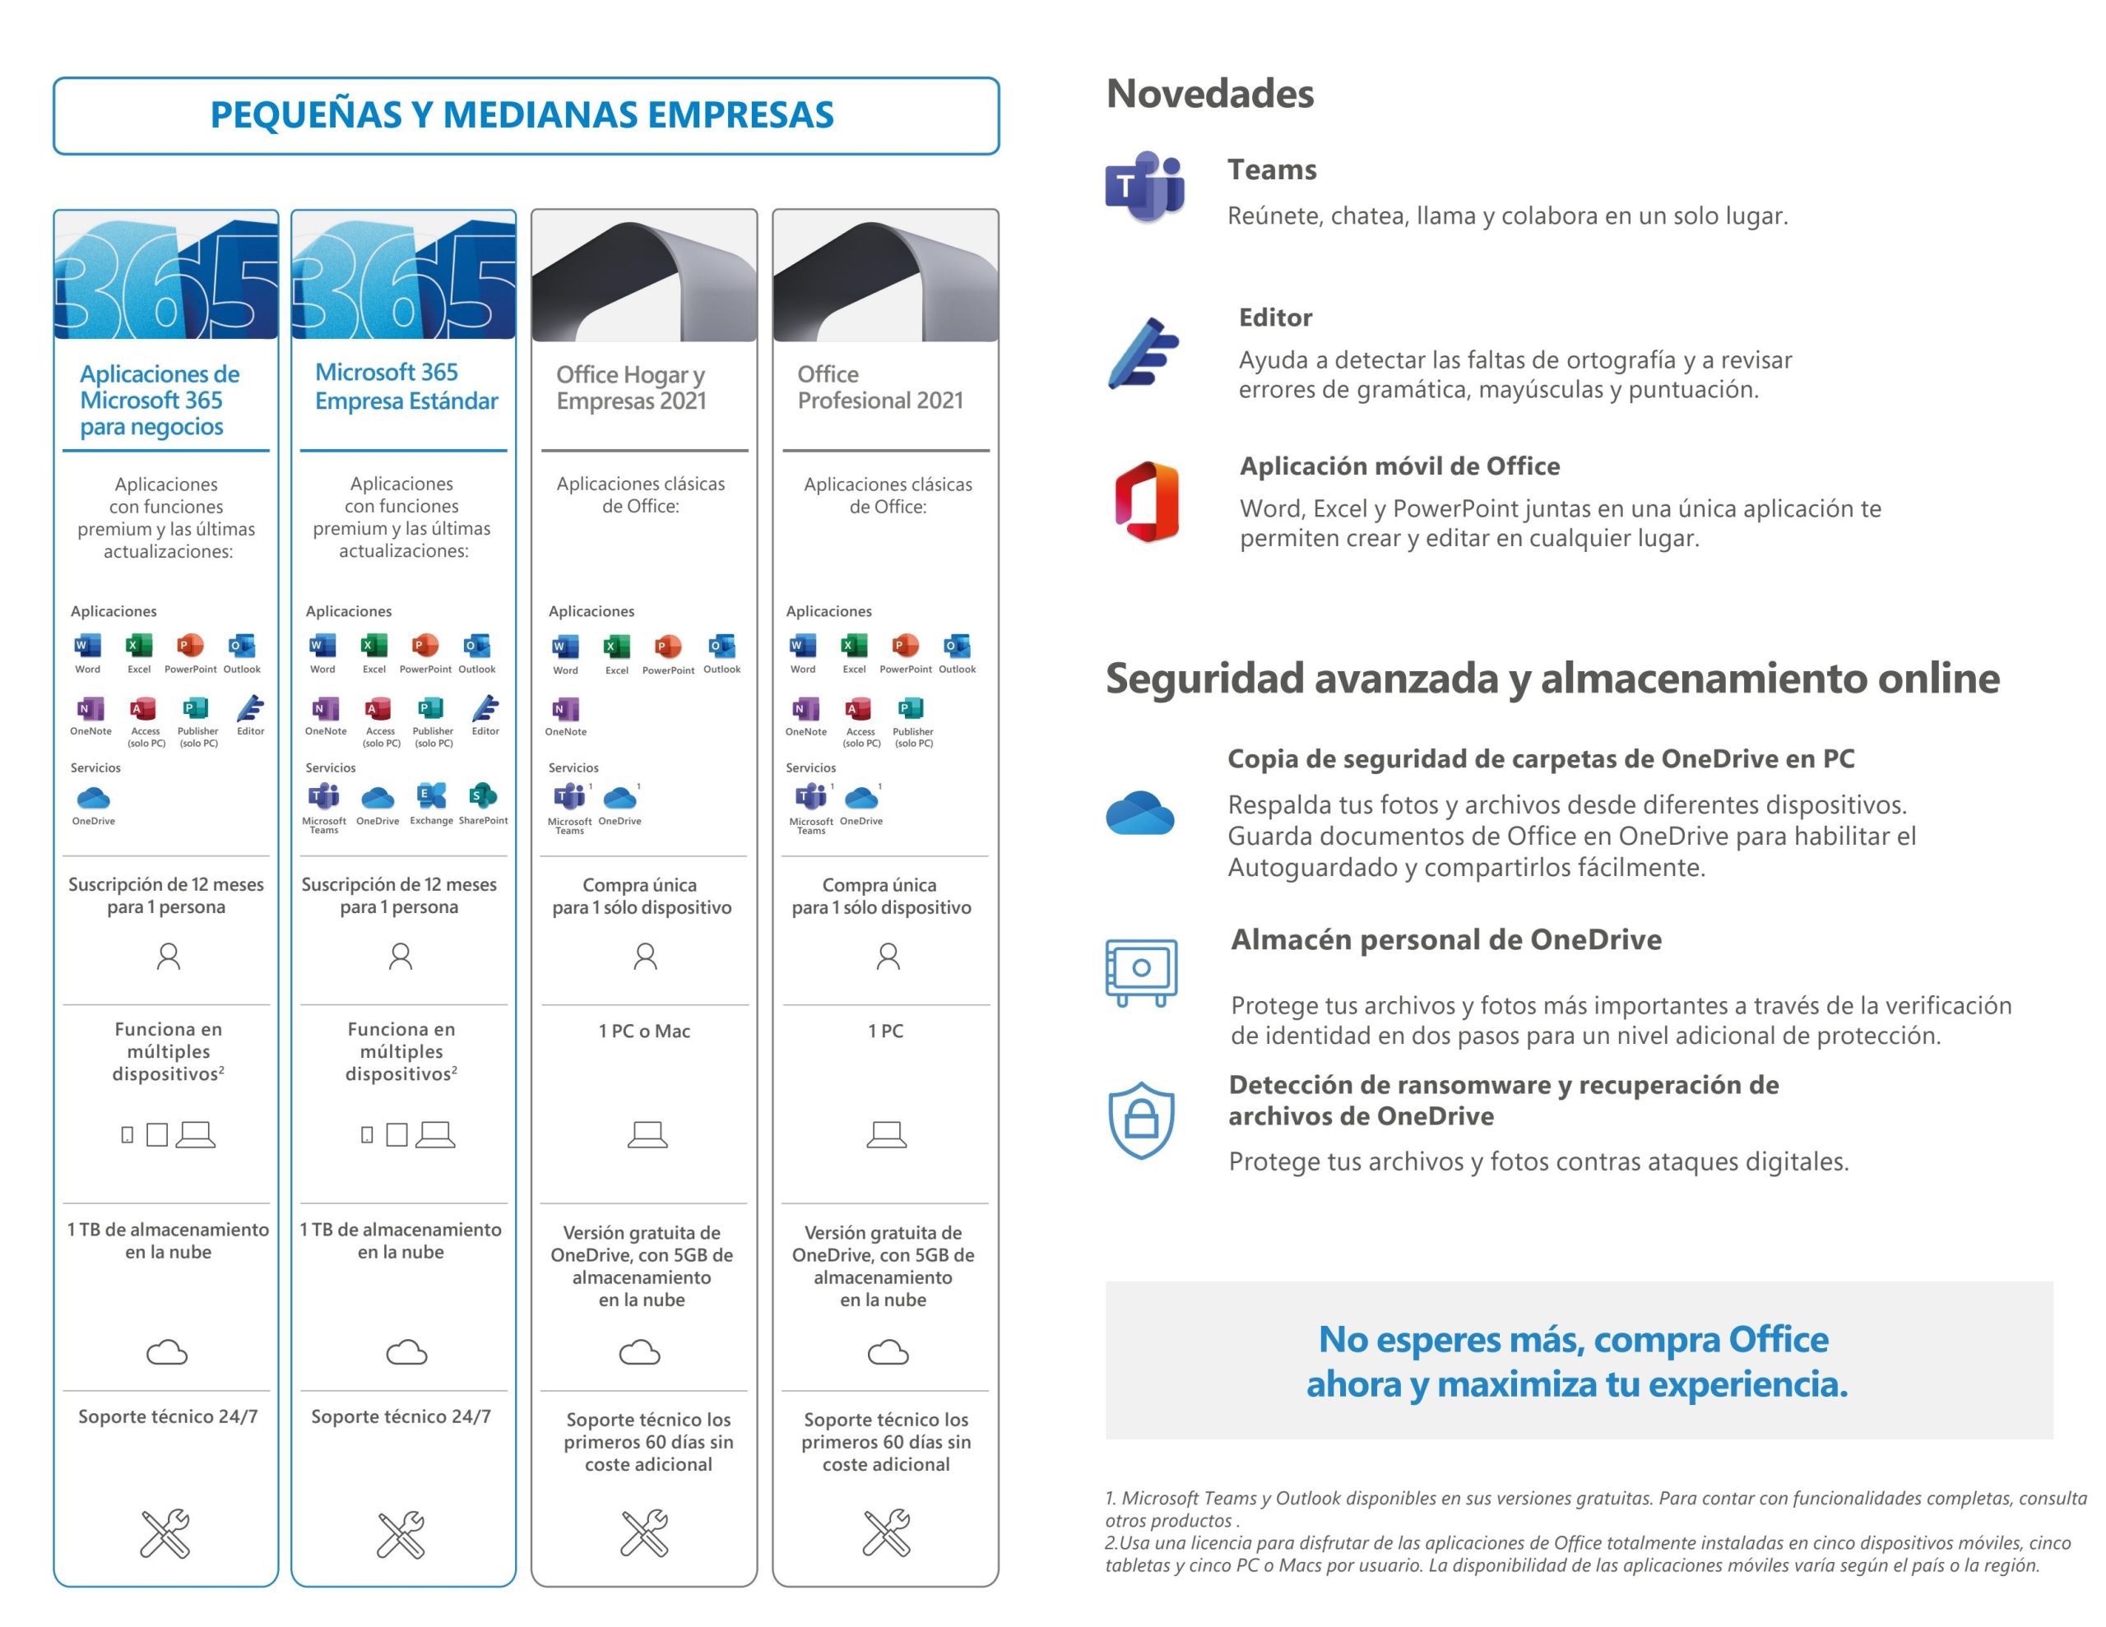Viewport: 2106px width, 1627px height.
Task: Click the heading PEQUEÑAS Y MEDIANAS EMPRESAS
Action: click(522, 115)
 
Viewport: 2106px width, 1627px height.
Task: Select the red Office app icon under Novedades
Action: click(1147, 502)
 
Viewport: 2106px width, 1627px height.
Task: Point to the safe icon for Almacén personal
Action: click(1141, 971)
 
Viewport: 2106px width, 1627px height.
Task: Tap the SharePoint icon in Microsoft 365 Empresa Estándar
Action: click(482, 796)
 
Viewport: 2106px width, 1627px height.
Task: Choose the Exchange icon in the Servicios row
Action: click(431, 796)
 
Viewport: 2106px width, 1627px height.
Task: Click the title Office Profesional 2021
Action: click(879, 387)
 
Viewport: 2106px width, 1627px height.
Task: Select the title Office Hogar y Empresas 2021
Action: click(632, 387)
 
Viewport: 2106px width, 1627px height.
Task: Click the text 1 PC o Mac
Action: click(644, 1031)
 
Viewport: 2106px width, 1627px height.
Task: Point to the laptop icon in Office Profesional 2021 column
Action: click(886, 1134)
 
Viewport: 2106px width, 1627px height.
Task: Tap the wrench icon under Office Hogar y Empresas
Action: click(645, 1532)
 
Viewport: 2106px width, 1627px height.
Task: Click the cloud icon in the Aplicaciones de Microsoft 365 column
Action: click(167, 1352)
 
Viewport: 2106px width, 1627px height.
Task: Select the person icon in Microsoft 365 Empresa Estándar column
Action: click(400, 956)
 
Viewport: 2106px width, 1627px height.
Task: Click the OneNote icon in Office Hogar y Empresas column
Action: click(566, 711)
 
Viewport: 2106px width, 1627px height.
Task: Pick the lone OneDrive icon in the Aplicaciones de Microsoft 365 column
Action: click(94, 799)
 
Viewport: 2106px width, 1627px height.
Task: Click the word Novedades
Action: click(1209, 94)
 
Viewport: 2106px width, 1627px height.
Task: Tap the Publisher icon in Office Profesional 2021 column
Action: click(912, 710)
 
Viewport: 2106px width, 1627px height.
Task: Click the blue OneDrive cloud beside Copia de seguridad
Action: click(1139, 812)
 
